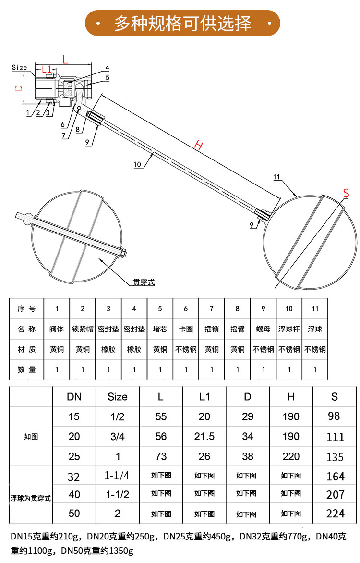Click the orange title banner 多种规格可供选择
[182, 23]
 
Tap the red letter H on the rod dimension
[198, 145]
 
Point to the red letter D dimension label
[18, 88]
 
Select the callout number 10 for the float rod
[137, 164]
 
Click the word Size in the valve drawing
[20, 68]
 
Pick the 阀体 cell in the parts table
[57, 329]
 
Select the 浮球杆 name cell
[289, 329]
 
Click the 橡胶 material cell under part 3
[108, 349]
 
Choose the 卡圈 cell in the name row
[186, 329]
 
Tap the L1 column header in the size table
[204, 396]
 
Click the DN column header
[74, 396]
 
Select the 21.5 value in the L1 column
[204, 437]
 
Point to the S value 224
[335, 514]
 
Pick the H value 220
[291, 456]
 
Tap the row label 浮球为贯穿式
[31, 498]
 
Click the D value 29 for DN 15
[248, 416]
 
